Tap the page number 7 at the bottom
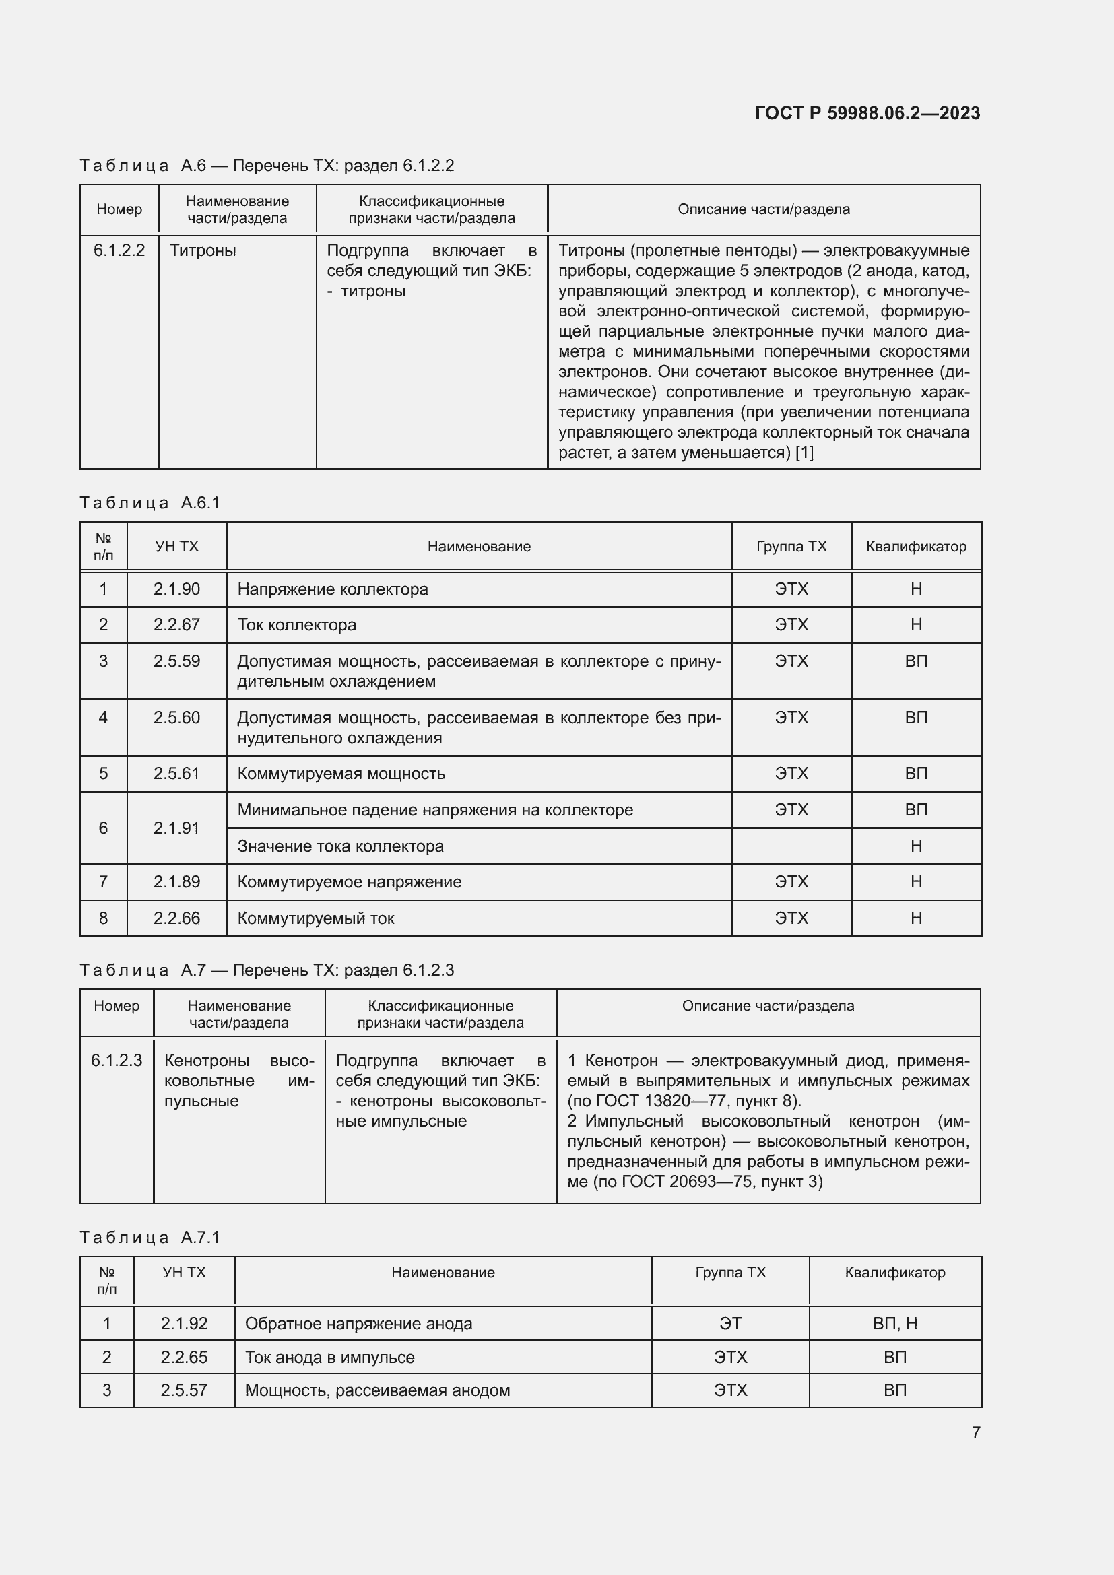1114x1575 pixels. pyautogui.click(x=975, y=1432)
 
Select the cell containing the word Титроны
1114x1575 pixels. pyautogui.click(x=203, y=250)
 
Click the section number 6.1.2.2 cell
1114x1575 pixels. pyautogui.click(x=119, y=250)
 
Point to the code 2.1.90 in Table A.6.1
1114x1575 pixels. pyautogui.click(x=176, y=589)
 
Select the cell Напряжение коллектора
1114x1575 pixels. pyautogui.click(x=333, y=589)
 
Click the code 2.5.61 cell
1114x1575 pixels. pyautogui.click(x=176, y=774)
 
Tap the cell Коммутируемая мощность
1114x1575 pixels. pyautogui.click(x=341, y=774)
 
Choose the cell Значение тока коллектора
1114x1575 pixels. pyautogui.click(x=340, y=846)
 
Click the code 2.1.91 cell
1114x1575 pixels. pyautogui.click(x=176, y=828)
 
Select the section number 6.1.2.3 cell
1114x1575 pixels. pyautogui.click(x=117, y=1061)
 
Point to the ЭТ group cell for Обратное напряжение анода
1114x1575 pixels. pyautogui.click(x=730, y=1324)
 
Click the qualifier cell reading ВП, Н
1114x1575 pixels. pyautogui.click(x=894, y=1324)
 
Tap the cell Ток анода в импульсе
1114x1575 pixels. pyautogui.click(x=329, y=1358)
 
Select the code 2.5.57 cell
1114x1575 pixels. pyautogui.click(x=184, y=1390)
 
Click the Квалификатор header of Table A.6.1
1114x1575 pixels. pyautogui.click(x=916, y=547)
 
